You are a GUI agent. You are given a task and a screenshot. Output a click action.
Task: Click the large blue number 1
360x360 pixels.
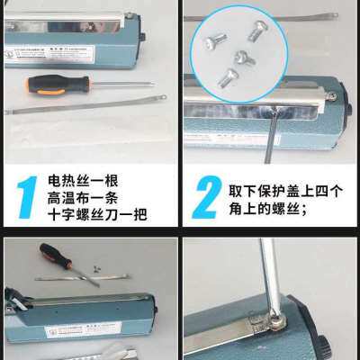[x=28, y=197]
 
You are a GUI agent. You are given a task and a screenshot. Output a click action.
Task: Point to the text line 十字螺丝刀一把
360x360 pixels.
[x=98, y=215]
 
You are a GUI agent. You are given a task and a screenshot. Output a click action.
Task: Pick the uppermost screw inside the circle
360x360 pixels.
[x=260, y=30]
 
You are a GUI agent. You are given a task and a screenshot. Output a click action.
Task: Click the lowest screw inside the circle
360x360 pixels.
[x=227, y=78]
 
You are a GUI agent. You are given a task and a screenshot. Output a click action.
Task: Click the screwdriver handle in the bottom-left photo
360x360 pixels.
[x=55, y=256]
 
